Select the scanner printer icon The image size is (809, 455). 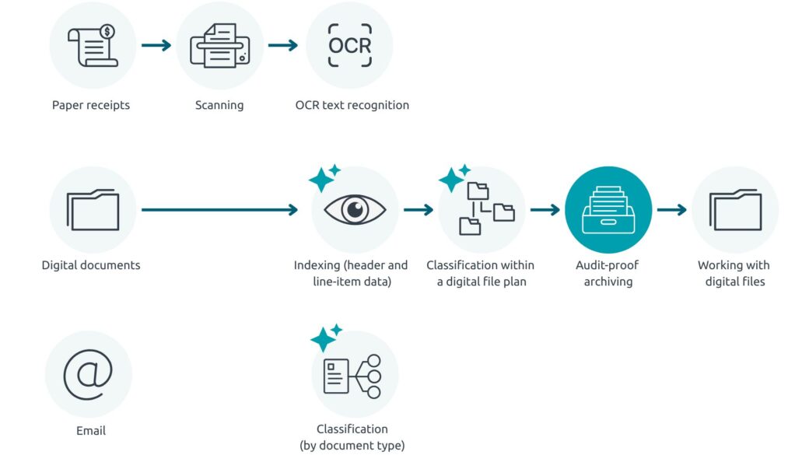[x=219, y=45]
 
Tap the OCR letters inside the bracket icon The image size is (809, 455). [x=349, y=45]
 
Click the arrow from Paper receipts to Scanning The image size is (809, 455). [x=156, y=45]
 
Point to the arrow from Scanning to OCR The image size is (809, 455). [x=283, y=45]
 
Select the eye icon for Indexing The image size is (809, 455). [x=355, y=209]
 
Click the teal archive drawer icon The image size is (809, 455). [x=608, y=209]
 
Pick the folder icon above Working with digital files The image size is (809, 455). [x=734, y=209]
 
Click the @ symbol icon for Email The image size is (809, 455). [x=88, y=374]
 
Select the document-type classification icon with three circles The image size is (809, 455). [x=355, y=376]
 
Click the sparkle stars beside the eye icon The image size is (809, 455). [x=324, y=178]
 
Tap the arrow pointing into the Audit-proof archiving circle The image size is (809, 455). [x=545, y=209]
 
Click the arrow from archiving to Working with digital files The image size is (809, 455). [x=671, y=209]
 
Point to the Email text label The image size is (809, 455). [x=91, y=430]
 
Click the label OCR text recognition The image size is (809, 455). [x=352, y=105]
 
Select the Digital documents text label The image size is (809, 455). [x=91, y=265]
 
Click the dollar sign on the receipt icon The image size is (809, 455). [x=107, y=32]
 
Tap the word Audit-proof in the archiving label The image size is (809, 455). [x=608, y=265]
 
